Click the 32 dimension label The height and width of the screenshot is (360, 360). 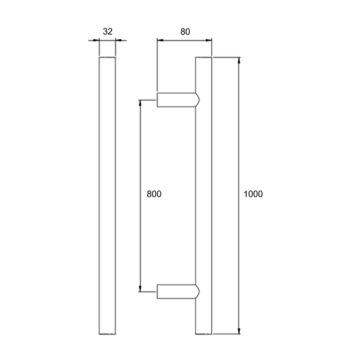coord(107,32)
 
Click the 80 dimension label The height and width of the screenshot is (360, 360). coord(185,32)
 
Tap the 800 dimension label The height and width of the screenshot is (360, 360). coord(154,194)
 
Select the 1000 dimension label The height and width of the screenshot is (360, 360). coord(253,194)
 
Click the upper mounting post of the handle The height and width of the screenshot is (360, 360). coord(178,100)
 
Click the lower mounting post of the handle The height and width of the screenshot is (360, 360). coord(178,292)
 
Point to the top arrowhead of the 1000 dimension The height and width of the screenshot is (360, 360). coord(239,60)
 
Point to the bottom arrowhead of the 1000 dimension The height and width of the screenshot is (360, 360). coord(239,331)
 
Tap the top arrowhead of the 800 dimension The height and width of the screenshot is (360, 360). coord(140,103)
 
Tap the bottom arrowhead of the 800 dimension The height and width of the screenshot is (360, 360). coord(140,288)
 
